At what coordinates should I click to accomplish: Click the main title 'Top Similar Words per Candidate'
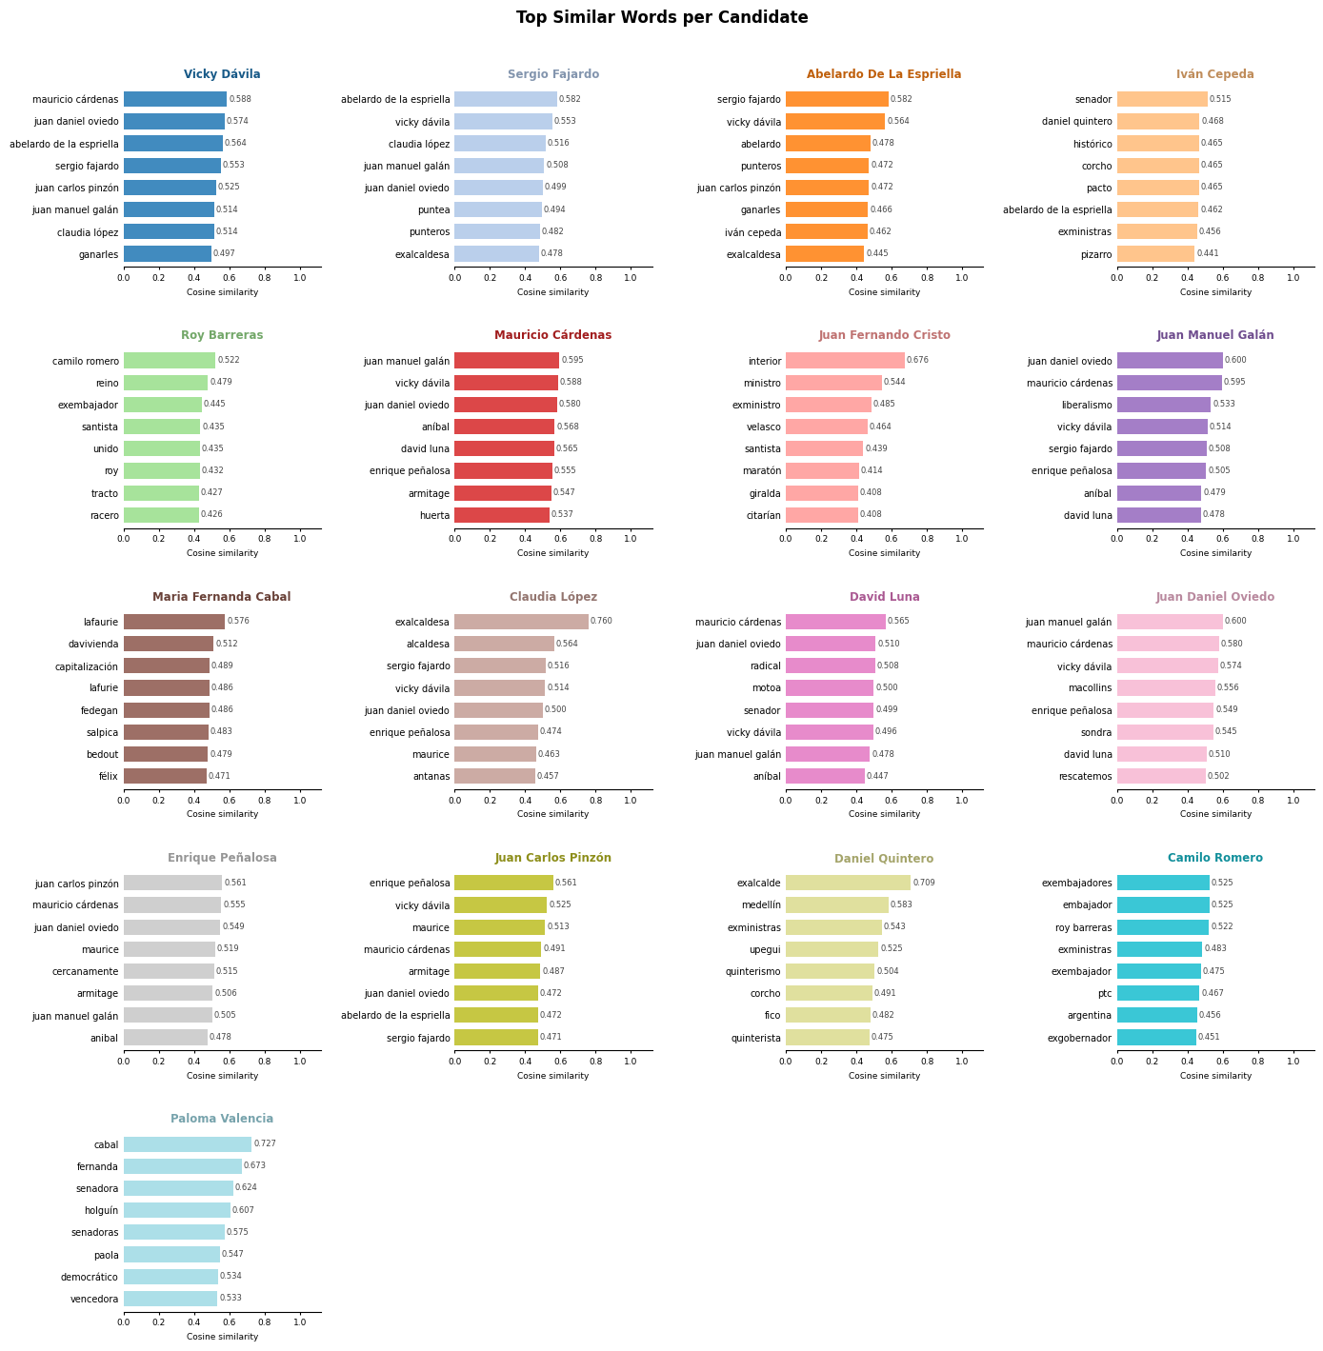[x=661, y=17]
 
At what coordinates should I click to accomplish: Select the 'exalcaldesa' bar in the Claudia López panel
[x=521, y=622]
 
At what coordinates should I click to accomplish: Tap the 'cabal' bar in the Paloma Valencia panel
[x=188, y=1144]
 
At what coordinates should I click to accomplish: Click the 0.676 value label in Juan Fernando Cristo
[x=917, y=361]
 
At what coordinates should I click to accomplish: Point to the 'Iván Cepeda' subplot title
[x=1214, y=74]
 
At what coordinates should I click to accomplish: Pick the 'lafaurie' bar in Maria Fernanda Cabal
[x=174, y=622]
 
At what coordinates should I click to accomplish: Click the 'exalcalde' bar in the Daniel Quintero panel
[x=848, y=883]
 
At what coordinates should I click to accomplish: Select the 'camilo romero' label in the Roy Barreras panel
[x=86, y=361]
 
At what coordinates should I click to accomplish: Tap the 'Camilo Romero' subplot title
[x=1214, y=858]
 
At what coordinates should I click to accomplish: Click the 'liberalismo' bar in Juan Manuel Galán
[x=1163, y=405]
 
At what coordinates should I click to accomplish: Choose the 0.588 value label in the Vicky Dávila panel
[x=240, y=99]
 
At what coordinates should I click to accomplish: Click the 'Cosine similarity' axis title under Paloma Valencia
[x=222, y=1337]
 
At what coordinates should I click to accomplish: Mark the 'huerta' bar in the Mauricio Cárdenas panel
[x=502, y=515]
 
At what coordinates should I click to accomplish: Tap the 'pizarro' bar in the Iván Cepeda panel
[x=1155, y=254]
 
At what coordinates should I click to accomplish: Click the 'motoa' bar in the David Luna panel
[x=830, y=688]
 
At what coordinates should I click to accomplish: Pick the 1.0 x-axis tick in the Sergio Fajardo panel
[x=631, y=277]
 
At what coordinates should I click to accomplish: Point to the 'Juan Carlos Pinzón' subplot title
[x=553, y=858]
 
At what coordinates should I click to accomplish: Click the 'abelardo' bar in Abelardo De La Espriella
[x=828, y=144]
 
